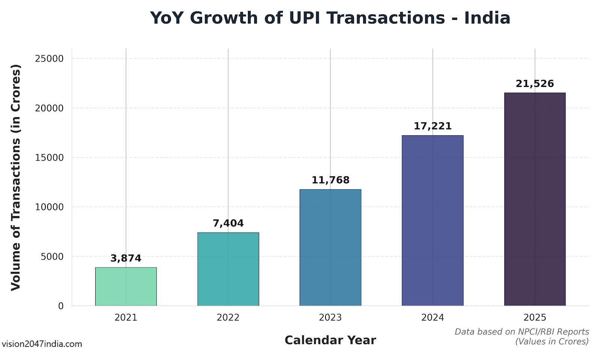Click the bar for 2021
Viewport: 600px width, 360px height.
pos(126,286)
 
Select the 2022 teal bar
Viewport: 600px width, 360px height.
pos(228,269)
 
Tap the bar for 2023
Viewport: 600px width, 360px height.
pos(330,247)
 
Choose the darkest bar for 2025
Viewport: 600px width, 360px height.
pos(534,199)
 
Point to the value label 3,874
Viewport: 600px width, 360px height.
pos(126,258)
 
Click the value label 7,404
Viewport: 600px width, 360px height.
pos(228,223)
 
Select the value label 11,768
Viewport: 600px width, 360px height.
pos(330,180)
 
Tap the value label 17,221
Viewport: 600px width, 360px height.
pos(432,126)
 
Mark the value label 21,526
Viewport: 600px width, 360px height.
pos(535,84)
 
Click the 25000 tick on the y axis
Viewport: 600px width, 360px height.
pos(49,59)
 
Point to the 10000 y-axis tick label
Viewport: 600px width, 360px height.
pos(49,207)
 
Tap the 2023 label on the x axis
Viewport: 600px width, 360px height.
pos(330,318)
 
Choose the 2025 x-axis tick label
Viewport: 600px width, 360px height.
pos(535,318)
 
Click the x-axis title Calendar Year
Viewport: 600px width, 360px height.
pos(330,340)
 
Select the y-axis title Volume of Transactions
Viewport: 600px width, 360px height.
pos(16,177)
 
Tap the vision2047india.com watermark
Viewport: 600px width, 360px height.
pos(42,344)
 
